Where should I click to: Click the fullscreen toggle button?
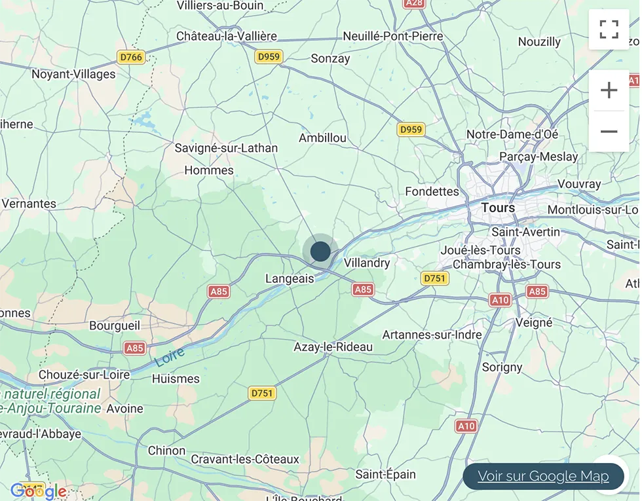609,29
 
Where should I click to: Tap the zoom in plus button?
609,90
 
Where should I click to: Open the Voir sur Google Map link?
543,476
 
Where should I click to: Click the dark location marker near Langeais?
320,251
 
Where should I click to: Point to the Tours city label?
498,208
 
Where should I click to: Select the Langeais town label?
290,278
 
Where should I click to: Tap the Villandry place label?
367,263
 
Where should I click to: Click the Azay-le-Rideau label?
333,347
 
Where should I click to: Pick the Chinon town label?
166,451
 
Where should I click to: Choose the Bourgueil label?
115,325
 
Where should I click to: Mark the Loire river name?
170,356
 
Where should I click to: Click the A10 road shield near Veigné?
500,300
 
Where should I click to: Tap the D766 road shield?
130,58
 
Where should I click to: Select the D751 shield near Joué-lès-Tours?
434,278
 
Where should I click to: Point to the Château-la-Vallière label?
227,36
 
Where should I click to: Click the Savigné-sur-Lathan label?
226,148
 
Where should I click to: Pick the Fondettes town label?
432,191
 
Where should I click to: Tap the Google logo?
39,491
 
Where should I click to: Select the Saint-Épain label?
386,473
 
